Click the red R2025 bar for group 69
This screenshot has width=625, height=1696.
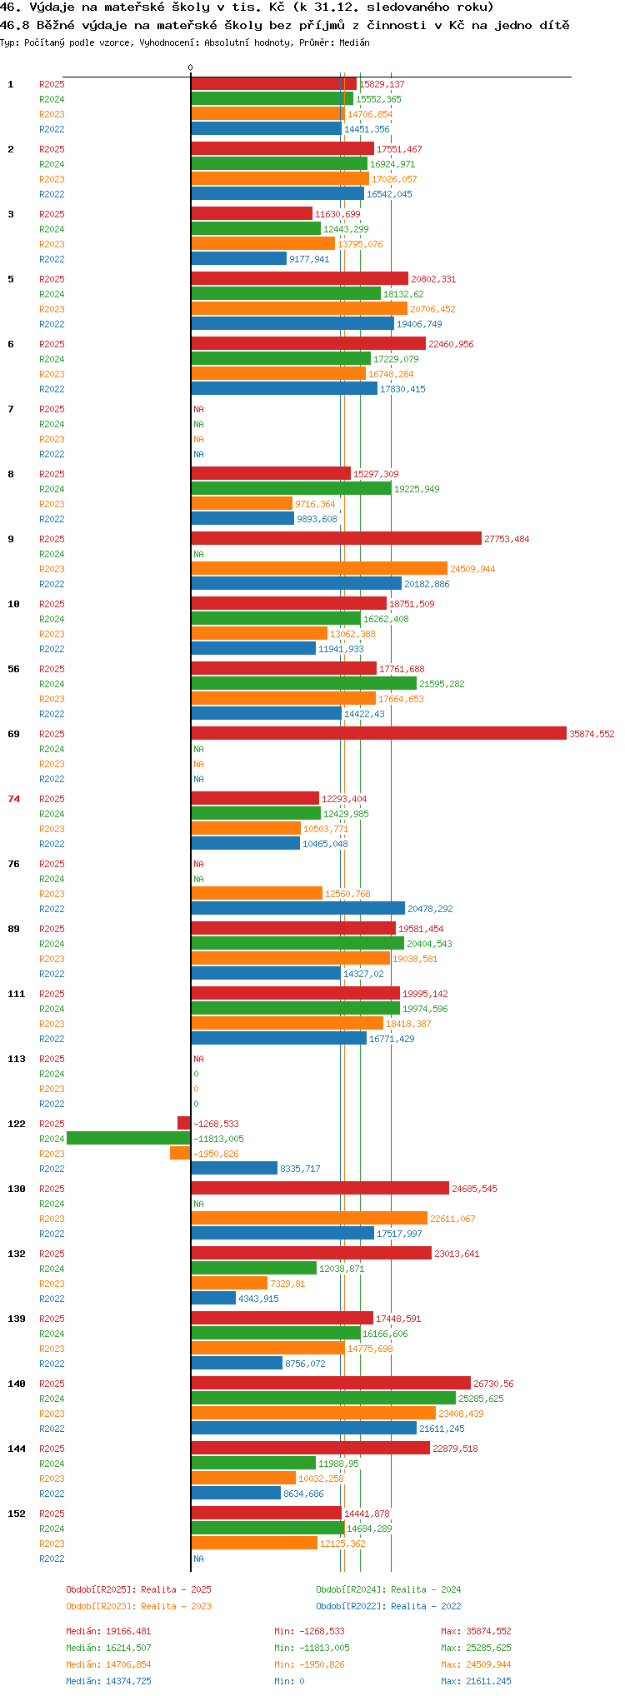coord(379,733)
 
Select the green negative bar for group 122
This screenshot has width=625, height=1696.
coord(128,1138)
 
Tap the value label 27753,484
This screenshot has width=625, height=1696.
coord(507,539)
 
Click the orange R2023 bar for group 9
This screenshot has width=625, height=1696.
coord(319,568)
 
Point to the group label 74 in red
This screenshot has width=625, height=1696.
coord(13,799)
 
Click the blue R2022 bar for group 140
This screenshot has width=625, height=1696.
coord(304,1428)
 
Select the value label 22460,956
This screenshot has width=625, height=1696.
coord(451,344)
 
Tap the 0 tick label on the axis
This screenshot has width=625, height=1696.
coord(190,68)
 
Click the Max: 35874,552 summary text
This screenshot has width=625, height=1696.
coord(476,1631)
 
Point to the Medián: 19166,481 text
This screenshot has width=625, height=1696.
coord(109,1631)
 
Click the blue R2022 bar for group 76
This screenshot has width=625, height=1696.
coord(298,908)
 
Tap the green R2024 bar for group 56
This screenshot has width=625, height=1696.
coord(304,683)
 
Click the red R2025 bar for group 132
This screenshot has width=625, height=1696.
coord(312,1253)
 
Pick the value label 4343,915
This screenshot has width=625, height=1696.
coord(258,1299)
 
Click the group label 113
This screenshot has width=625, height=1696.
coord(17,1059)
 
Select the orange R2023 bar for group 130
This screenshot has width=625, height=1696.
coord(309,1218)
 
